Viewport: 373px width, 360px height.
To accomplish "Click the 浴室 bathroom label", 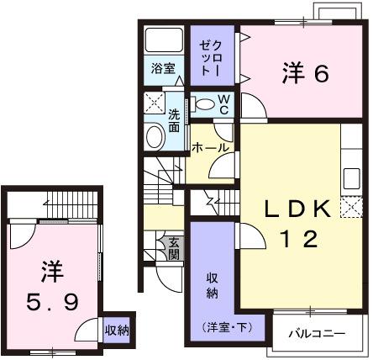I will pos(163,69).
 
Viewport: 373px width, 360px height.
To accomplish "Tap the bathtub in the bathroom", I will pos(163,41).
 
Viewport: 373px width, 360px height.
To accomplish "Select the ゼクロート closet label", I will pos(209,56).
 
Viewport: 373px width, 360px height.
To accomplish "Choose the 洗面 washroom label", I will pos(173,121).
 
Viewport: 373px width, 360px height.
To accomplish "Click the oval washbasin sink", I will pos(155,137).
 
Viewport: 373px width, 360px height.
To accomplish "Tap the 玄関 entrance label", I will pos(174,248).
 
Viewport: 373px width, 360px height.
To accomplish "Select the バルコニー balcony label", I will pos(318,334).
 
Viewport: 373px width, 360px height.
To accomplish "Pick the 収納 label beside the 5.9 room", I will pos(117,330).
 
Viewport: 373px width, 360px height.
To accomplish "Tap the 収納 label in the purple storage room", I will pos(212,286).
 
